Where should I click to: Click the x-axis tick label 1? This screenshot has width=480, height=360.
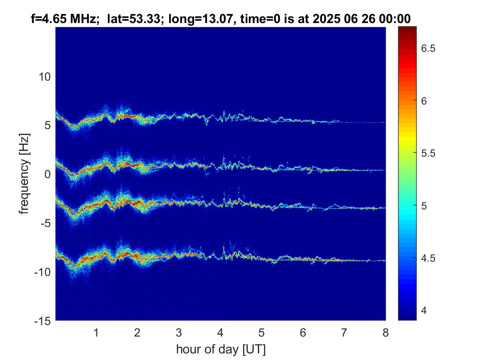pos(96,332)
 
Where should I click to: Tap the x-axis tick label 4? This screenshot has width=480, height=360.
pos(220,332)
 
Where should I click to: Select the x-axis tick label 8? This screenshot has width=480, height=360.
pos(385,332)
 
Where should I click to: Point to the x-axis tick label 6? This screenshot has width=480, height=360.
pos(303,332)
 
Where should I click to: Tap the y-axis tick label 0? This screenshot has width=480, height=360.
pos(48,174)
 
